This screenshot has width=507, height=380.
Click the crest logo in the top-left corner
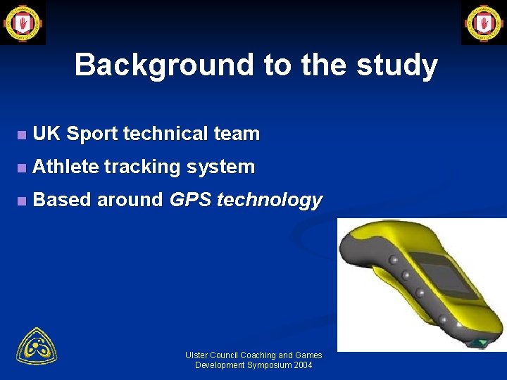(23, 23)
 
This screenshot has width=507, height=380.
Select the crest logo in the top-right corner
(484, 23)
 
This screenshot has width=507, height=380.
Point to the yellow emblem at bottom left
(37, 346)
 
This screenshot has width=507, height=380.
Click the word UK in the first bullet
(46, 134)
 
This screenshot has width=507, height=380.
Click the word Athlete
(65, 167)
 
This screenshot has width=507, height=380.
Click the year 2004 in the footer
(302, 365)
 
